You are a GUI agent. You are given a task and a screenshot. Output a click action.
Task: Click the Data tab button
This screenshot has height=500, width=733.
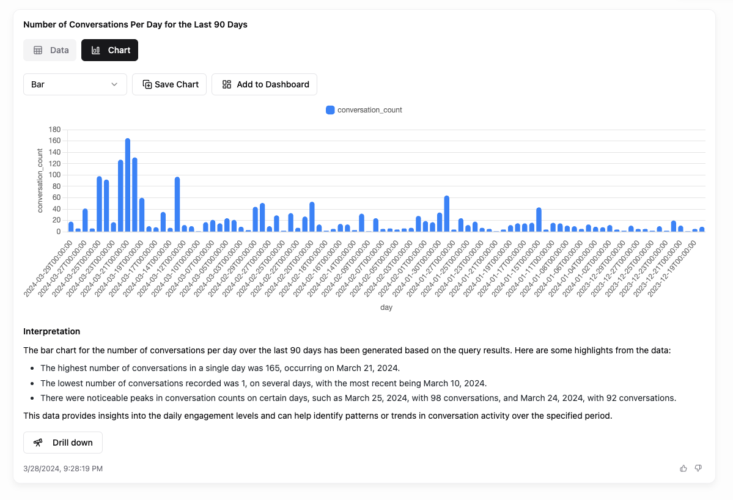pos(50,50)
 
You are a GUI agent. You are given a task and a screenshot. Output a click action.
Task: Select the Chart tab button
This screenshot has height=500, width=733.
pos(110,50)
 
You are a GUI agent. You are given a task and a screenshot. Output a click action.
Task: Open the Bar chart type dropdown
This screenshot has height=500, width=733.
pos(75,84)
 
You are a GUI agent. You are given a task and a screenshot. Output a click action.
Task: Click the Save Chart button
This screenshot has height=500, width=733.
pos(169,84)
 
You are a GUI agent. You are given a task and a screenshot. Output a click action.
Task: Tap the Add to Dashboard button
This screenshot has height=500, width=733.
pos(264,84)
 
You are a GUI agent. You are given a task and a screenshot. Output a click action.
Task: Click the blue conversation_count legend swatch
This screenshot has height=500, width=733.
pos(330,110)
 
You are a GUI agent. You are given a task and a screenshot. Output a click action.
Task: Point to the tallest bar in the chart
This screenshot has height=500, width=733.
pos(128,183)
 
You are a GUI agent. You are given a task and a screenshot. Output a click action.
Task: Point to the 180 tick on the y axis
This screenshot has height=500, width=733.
pos(54,130)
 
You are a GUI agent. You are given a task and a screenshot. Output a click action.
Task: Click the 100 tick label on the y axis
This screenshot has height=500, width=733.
pos(54,175)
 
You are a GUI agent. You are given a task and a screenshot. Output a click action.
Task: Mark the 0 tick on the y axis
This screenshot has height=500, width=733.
pos(58,232)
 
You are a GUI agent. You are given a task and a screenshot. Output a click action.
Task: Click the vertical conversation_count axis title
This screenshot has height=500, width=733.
pos(40,180)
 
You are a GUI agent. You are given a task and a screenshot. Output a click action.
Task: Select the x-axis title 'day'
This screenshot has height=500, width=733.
pos(386,307)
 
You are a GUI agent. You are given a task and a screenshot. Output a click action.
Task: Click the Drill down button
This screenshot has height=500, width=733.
pos(63,443)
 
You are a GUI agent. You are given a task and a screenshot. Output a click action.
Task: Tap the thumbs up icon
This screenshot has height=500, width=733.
pos(683,468)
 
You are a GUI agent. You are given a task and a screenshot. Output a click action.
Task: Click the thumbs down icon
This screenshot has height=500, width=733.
pos(698,468)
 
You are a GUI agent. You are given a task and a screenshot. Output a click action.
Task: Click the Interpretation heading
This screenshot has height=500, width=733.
pos(52,331)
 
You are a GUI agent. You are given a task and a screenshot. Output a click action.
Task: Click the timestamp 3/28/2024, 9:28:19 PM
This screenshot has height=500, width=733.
pos(63,468)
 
